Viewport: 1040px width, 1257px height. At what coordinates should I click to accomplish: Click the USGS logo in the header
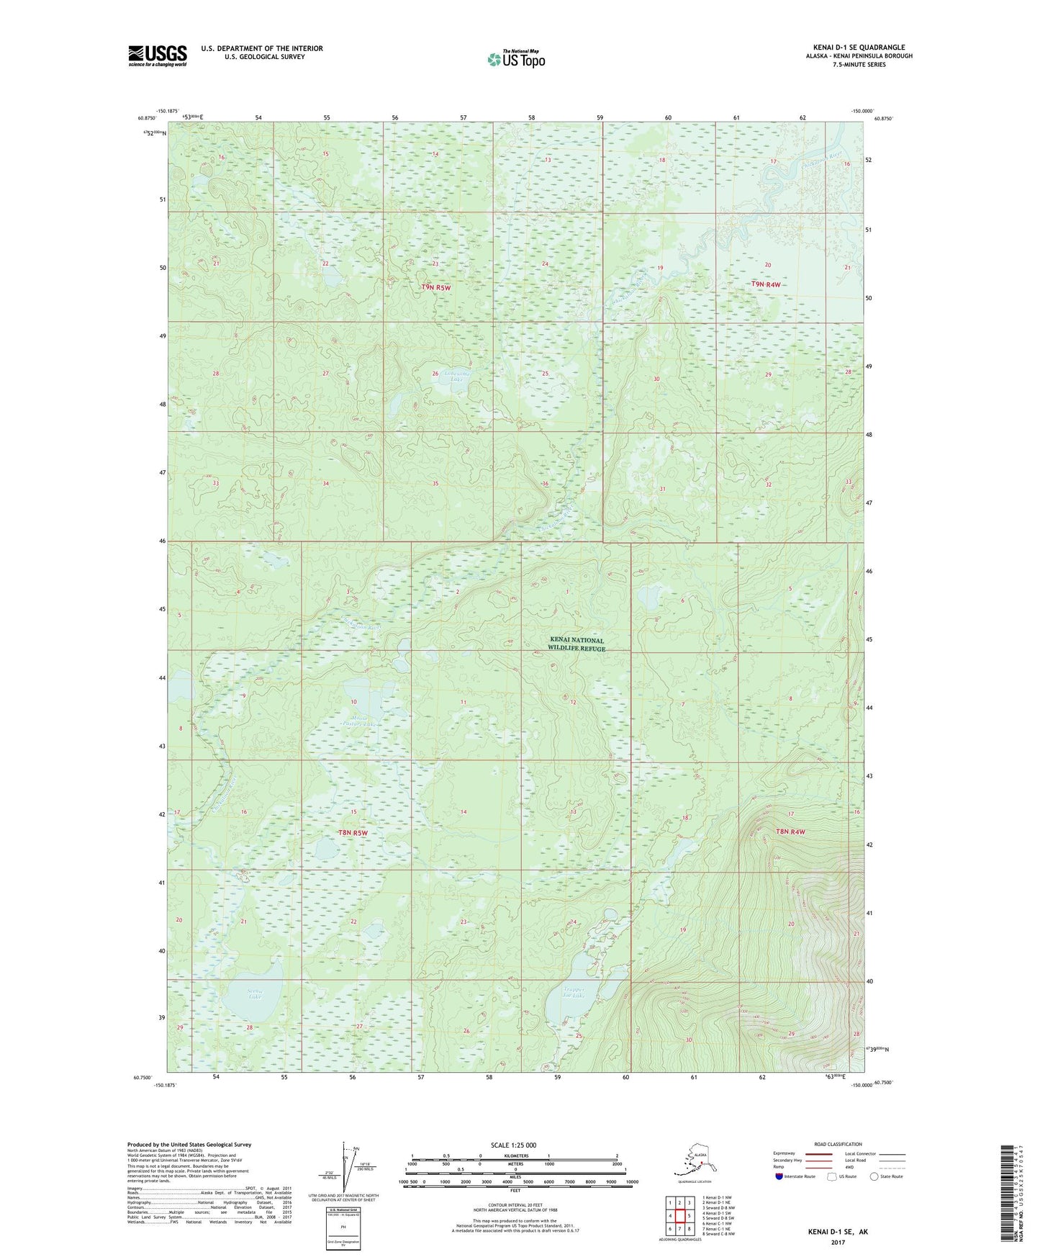point(157,55)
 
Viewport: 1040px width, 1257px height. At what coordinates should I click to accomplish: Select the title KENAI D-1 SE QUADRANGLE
point(859,48)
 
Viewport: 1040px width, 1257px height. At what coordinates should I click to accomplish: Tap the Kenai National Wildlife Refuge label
point(577,644)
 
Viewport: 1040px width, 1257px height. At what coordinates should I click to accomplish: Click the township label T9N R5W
point(436,288)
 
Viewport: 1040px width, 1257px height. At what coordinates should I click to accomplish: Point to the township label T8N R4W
point(790,832)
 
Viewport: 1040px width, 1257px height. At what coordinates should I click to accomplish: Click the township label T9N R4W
point(766,284)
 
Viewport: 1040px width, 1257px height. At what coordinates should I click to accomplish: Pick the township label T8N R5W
point(353,833)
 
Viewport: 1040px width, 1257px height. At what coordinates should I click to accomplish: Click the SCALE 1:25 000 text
point(514,1145)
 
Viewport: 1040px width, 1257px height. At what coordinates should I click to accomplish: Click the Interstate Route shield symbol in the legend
point(779,1176)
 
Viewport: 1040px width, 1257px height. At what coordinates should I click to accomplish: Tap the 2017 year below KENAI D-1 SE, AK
point(837,1242)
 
